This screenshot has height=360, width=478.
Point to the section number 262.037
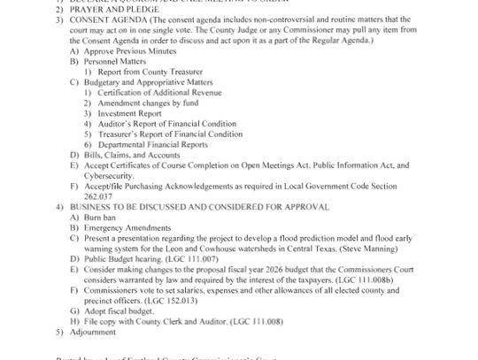(96, 195)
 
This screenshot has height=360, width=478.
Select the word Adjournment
(93, 332)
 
